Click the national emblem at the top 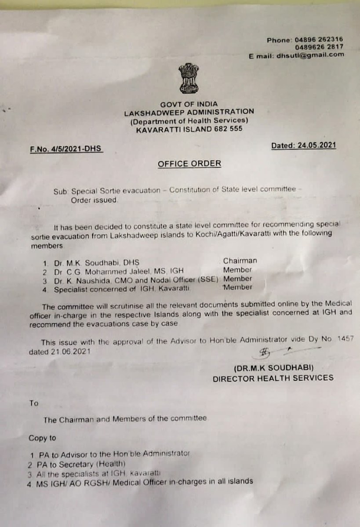(189, 77)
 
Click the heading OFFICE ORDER (189, 164)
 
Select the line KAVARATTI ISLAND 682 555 (189, 129)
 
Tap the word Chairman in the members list (240, 261)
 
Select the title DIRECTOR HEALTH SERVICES (273, 378)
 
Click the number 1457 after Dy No (345, 339)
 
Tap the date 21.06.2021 (61, 352)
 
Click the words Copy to (43, 438)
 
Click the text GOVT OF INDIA (189, 104)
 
